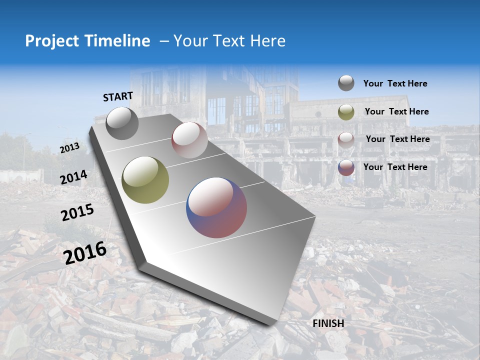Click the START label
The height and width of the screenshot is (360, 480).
coord(118,96)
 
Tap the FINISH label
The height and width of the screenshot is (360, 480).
coord(328,323)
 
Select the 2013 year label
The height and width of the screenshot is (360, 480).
coord(69,148)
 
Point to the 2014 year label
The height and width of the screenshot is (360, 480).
coord(73,177)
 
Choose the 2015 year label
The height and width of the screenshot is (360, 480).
coord(77,213)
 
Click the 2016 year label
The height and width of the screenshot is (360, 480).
coord(85,253)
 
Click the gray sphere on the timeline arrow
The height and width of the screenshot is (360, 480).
coord(122,123)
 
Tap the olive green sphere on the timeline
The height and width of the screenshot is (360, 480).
coord(145,179)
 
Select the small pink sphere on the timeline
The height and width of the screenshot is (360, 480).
coord(189,139)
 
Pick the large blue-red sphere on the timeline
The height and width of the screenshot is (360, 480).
coord(216,207)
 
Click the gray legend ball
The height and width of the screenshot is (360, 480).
coord(346,83)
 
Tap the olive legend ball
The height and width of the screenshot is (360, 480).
coord(346,112)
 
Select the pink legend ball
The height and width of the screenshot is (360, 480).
coord(346,139)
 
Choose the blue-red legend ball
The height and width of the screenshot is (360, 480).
coord(346,167)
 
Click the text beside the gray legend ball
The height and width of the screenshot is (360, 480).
coord(395,84)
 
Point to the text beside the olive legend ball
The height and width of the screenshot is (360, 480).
coord(396,112)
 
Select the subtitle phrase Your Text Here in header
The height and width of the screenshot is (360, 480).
coord(229,41)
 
